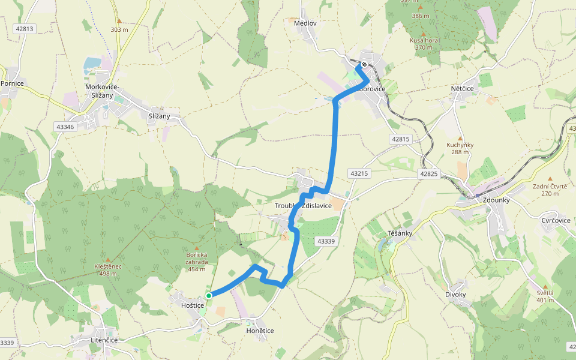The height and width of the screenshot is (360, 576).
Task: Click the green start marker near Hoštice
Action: [209, 295]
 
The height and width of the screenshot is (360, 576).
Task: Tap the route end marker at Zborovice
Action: [364, 64]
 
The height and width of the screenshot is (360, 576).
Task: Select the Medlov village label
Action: [305, 23]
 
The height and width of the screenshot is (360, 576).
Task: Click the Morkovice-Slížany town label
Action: [102, 91]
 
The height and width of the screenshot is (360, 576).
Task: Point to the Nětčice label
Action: [462, 88]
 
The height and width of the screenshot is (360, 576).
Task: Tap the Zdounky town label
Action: [496, 200]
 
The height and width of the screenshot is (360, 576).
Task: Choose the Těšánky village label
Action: [394, 233]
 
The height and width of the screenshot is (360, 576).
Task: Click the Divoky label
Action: [455, 294]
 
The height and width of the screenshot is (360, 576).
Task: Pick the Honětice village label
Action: [260, 331]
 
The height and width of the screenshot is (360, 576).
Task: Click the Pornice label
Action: [12, 83]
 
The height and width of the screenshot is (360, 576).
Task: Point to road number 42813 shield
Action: [25, 28]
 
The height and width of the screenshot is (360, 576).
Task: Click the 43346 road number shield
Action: [64, 127]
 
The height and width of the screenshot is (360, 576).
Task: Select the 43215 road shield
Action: [358, 173]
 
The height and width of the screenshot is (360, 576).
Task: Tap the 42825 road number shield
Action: [429, 173]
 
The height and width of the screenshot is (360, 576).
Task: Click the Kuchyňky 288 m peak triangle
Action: [460, 138]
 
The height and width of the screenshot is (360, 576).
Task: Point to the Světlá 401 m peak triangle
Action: [545, 287]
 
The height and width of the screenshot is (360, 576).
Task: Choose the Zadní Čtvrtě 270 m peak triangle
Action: [550, 179]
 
